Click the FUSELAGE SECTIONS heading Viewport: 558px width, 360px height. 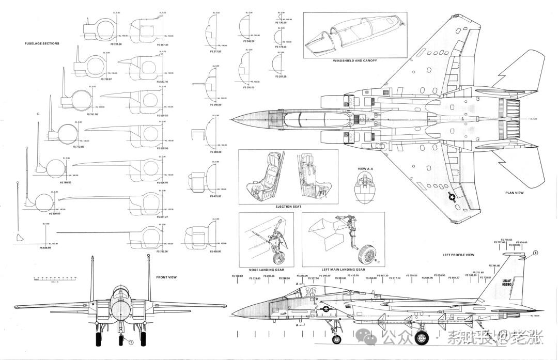pos(42,43)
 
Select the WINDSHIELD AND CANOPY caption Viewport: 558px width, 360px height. pos(355,60)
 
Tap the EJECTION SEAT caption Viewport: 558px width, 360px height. pos(289,207)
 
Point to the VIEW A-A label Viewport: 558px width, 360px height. pos(365,169)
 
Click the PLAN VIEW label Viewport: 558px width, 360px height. pos(515,193)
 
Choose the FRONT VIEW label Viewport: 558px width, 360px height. pos(166,277)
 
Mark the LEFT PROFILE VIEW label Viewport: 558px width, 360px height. pos(458,255)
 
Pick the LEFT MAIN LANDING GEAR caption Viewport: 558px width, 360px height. pos(344,269)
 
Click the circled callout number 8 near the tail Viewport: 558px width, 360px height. pos(535,253)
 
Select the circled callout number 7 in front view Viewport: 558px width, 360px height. pos(131,342)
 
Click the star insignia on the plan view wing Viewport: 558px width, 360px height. pos(452,197)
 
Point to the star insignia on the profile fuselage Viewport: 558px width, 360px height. pos(326,310)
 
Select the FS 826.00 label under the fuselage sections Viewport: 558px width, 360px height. pos(45,247)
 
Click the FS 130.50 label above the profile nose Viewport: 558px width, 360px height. pos(239,276)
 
